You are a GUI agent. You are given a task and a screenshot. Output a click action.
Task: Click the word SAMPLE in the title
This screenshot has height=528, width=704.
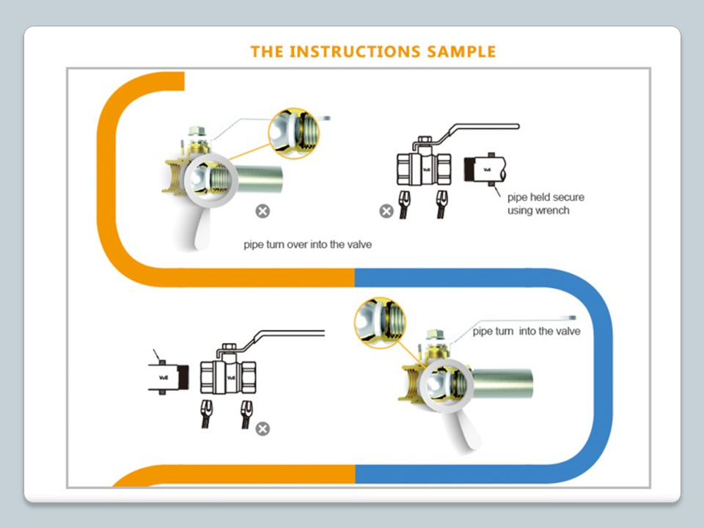(x=460, y=51)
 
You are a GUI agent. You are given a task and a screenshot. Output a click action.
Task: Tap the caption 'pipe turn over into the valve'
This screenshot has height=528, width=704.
(x=307, y=244)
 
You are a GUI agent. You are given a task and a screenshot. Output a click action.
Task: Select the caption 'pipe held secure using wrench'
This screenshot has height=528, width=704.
(x=546, y=204)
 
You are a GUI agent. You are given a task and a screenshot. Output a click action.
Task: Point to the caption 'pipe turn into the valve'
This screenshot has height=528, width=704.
(x=527, y=331)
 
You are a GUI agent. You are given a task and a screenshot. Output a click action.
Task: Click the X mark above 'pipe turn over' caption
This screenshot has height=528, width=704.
(x=263, y=211)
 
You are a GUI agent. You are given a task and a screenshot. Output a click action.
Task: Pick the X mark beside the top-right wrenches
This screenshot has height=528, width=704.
(x=386, y=211)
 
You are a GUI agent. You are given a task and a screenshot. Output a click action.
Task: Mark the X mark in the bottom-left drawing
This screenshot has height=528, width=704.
(x=263, y=428)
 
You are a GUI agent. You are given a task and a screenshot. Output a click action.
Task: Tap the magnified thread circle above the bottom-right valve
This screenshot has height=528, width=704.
(x=380, y=323)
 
